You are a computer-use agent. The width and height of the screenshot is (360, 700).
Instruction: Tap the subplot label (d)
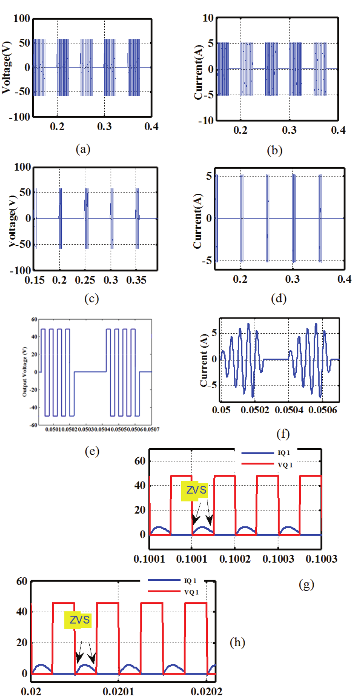pos(278,298)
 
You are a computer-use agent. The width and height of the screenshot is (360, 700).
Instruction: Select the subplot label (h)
pos(237,642)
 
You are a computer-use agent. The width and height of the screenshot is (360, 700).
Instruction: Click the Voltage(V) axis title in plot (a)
pos(6,67)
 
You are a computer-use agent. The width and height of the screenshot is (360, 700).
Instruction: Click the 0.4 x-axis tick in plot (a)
pos(151,127)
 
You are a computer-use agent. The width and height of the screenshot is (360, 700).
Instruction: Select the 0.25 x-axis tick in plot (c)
pos(85,280)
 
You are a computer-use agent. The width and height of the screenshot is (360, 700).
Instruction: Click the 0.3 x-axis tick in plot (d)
pos(292,279)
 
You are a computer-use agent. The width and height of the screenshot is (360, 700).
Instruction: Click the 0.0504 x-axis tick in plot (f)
pos(288,410)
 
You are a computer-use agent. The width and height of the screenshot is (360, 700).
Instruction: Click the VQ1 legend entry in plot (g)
pos(285,465)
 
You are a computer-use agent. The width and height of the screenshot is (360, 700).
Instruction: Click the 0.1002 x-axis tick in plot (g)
pos(235,559)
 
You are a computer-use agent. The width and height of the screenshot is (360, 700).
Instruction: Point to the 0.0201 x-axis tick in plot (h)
pos(118,691)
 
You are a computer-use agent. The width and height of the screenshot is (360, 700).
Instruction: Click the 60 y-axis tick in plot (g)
pos(140,461)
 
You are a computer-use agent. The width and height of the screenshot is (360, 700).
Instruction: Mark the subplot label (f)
pos(283,434)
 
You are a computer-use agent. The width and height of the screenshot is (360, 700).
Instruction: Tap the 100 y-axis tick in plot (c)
pos(22,167)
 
